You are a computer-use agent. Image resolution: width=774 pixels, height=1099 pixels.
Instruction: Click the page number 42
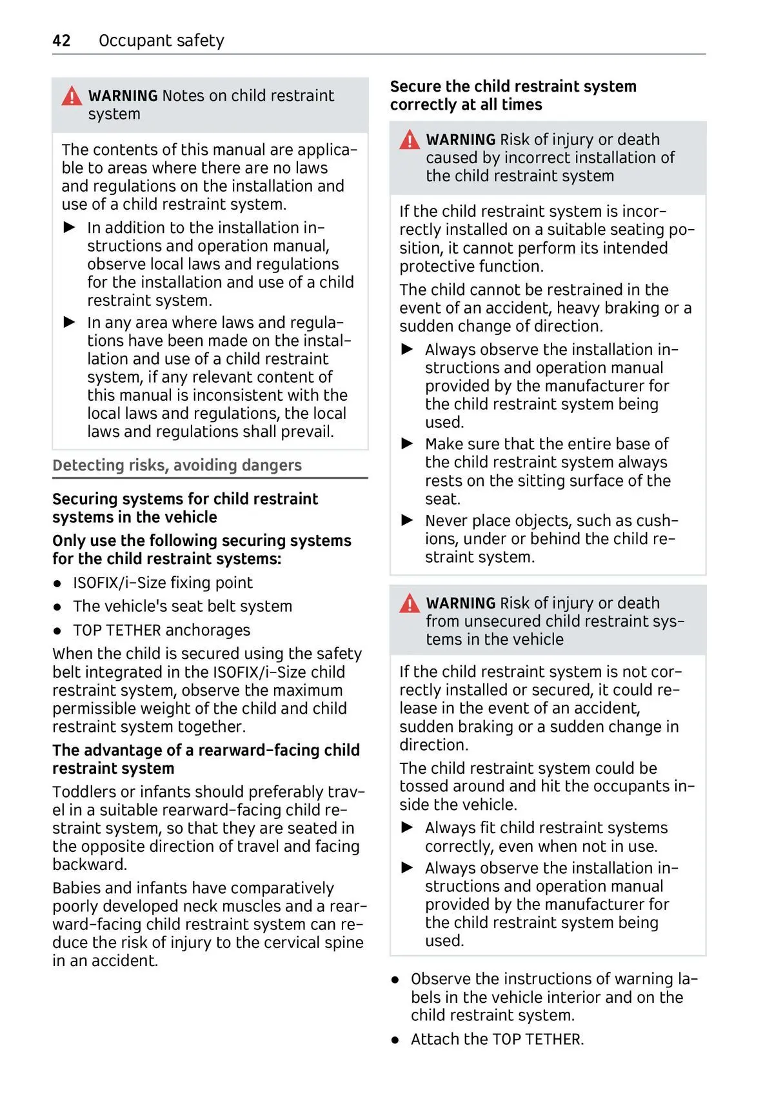tap(61, 41)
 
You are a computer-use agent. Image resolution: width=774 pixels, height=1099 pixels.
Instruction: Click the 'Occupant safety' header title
tap(161, 41)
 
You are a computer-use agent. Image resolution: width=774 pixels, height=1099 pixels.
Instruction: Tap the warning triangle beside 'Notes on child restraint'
tap(72, 96)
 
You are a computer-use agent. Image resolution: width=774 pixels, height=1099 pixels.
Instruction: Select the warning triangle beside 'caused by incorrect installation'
tap(409, 140)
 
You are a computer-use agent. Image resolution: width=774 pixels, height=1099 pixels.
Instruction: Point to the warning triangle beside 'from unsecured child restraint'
tap(409, 603)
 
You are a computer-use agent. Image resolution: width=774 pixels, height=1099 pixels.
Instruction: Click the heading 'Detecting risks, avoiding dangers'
tap(177, 465)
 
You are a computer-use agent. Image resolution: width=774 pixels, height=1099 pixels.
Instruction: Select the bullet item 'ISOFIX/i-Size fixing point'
tap(163, 583)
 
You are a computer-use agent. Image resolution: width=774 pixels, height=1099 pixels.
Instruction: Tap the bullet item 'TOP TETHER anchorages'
tap(161, 630)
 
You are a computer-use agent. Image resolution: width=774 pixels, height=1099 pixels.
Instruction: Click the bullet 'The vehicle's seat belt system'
tap(183, 606)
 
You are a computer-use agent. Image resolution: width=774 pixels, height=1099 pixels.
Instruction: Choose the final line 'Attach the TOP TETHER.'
tap(497, 1039)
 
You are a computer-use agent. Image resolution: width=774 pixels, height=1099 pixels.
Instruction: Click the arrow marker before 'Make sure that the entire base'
tap(407, 444)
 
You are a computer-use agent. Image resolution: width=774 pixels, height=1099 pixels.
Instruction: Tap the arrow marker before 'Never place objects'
tap(407, 520)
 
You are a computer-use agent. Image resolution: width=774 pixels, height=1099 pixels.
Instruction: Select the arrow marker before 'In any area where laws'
tap(70, 322)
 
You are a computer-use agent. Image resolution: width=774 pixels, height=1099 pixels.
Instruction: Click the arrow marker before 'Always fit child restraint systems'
tap(407, 827)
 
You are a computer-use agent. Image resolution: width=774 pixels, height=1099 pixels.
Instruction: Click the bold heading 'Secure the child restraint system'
tap(513, 86)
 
